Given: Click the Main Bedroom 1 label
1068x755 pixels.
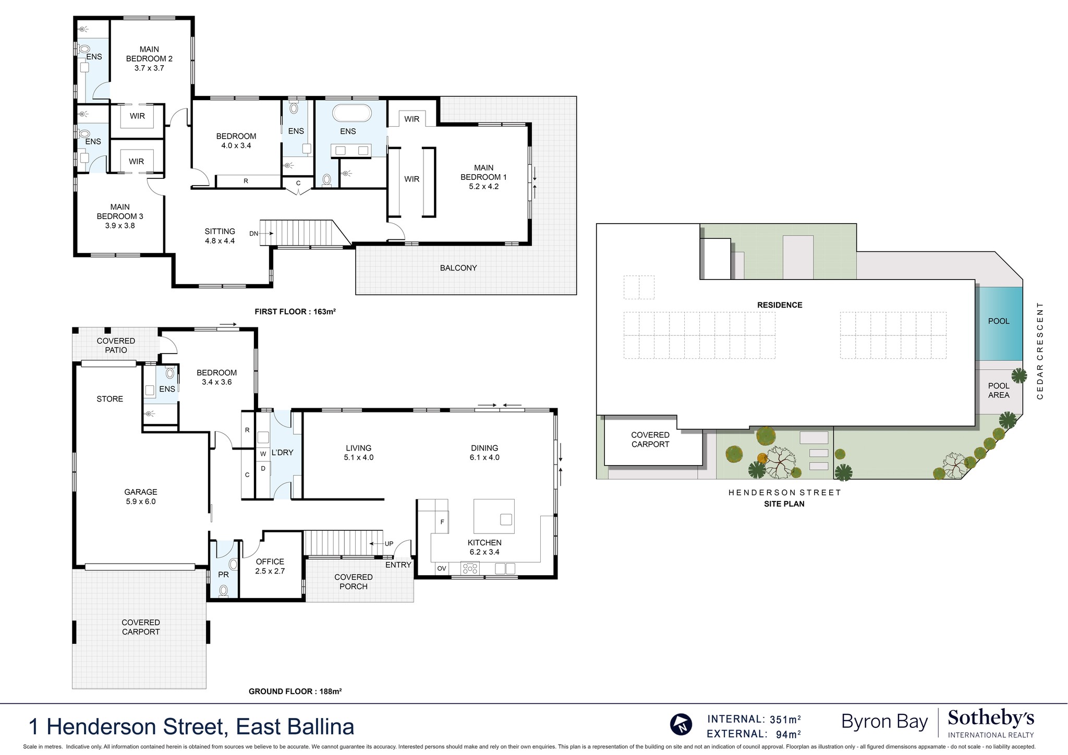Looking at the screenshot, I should pyautogui.click(x=483, y=177).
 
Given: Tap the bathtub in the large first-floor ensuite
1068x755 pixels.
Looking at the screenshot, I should pyautogui.click(x=352, y=113).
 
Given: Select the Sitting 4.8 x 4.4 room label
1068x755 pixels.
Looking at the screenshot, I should pyautogui.click(x=220, y=236).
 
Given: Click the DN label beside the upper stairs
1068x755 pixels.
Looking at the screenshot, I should pyautogui.click(x=254, y=234).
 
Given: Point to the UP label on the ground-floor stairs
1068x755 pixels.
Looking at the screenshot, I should pyautogui.click(x=389, y=544).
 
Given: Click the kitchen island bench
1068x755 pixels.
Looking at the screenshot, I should pyautogui.click(x=493, y=516).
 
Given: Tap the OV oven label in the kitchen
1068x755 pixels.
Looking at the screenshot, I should pyautogui.click(x=442, y=568).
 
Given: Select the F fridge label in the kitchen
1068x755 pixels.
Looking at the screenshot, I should pyautogui.click(x=442, y=522).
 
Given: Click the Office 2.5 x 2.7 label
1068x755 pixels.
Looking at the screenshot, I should pyautogui.click(x=270, y=566).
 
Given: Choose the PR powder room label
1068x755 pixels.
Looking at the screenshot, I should pyautogui.click(x=223, y=575).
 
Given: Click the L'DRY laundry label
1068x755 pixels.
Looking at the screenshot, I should pyautogui.click(x=282, y=453).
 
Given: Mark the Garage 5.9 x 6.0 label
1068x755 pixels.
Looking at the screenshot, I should pyautogui.click(x=140, y=496).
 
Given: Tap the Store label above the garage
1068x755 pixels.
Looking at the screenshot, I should pyautogui.click(x=110, y=399).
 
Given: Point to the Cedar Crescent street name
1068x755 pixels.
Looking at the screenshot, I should pyautogui.click(x=1040, y=350).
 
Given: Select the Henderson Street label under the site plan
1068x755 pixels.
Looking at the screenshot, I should pyautogui.click(x=784, y=492).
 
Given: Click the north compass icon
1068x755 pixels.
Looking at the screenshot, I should pyautogui.click(x=681, y=724).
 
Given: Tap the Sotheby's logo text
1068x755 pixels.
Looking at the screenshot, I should pyautogui.click(x=990, y=719).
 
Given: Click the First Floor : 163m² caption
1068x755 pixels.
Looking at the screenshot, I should pyautogui.click(x=295, y=312).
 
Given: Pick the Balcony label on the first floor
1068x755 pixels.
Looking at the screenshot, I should pyautogui.click(x=458, y=268).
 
